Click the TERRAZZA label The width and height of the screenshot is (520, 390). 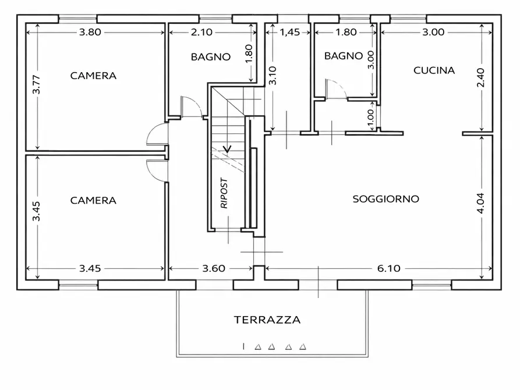[x=267, y=320]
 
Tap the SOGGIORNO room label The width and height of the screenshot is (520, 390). [x=386, y=199]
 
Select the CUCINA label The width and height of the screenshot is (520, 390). [x=434, y=70]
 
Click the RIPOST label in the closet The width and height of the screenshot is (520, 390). [x=224, y=193]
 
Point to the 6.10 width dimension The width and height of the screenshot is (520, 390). [x=388, y=268]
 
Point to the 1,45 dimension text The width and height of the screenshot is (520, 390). [x=290, y=33]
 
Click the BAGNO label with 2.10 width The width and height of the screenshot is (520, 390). [x=210, y=57]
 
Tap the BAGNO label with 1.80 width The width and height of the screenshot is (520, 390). [x=344, y=56]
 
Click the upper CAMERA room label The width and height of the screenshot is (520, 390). [x=93, y=76]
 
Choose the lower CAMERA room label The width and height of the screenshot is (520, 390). [x=93, y=200]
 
